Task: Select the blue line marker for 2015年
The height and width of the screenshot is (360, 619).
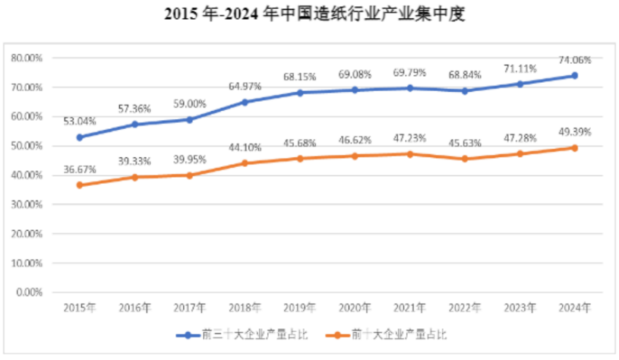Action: point(80,137)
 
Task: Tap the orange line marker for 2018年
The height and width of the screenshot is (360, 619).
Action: point(245,163)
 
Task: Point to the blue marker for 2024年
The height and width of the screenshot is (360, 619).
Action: point(575,75)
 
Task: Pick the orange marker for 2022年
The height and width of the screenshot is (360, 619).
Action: point(465,159)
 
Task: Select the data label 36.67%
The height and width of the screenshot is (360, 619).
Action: point(80,171)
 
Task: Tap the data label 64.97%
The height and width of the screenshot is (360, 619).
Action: point(245,87)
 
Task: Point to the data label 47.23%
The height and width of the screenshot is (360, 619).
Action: point(410,138)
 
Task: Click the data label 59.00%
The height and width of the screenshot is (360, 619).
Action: point(190,104)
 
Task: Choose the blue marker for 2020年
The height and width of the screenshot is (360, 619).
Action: point(355,90)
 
